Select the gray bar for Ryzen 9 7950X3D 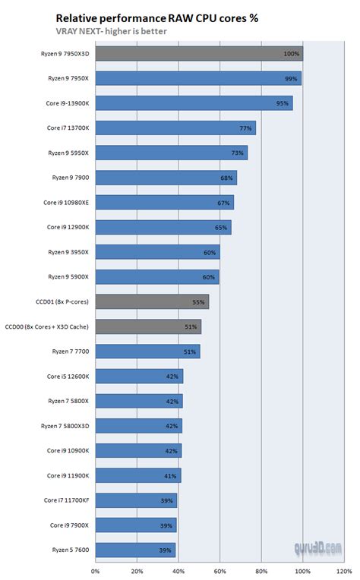point(198,54)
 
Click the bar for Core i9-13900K point(194,103)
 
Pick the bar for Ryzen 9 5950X point(171,153)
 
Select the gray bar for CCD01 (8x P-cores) point(152,301)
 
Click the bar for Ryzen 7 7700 point(147,351)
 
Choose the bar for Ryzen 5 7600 point(135,549)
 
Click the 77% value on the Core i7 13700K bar point(245,128)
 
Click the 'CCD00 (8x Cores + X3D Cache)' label point(47,326)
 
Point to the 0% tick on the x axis point(95,571)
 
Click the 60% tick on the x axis point(219,571)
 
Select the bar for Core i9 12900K point(163,227)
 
